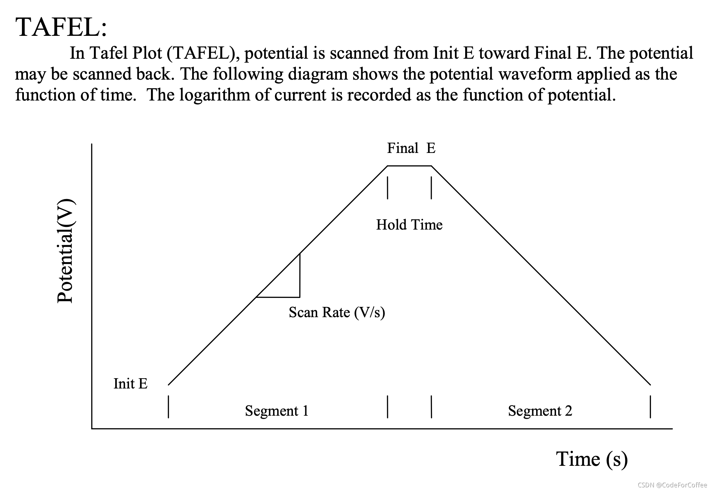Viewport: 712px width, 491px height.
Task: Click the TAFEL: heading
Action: pos(61,27)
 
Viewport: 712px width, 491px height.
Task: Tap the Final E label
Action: pos(411,148)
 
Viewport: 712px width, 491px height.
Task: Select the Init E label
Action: pos(130,384)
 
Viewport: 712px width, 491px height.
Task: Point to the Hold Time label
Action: pos(409,225)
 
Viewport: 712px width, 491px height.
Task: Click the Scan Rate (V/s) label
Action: pos(337,313)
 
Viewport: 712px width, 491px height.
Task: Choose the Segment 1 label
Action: pos(277,411)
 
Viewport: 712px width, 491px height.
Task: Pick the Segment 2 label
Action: pos(540,411)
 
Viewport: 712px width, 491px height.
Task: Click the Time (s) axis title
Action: pos(592,459)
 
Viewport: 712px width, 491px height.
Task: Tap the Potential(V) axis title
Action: pos(65,250)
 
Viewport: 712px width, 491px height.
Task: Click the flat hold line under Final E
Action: pos(409,166)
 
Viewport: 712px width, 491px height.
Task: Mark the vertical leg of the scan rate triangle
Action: pos(300,276)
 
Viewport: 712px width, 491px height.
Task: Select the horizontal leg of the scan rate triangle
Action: pos(278,297)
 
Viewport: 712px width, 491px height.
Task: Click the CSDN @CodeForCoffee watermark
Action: pos(672,485)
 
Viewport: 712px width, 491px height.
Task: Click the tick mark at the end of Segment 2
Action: pos(650,406)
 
